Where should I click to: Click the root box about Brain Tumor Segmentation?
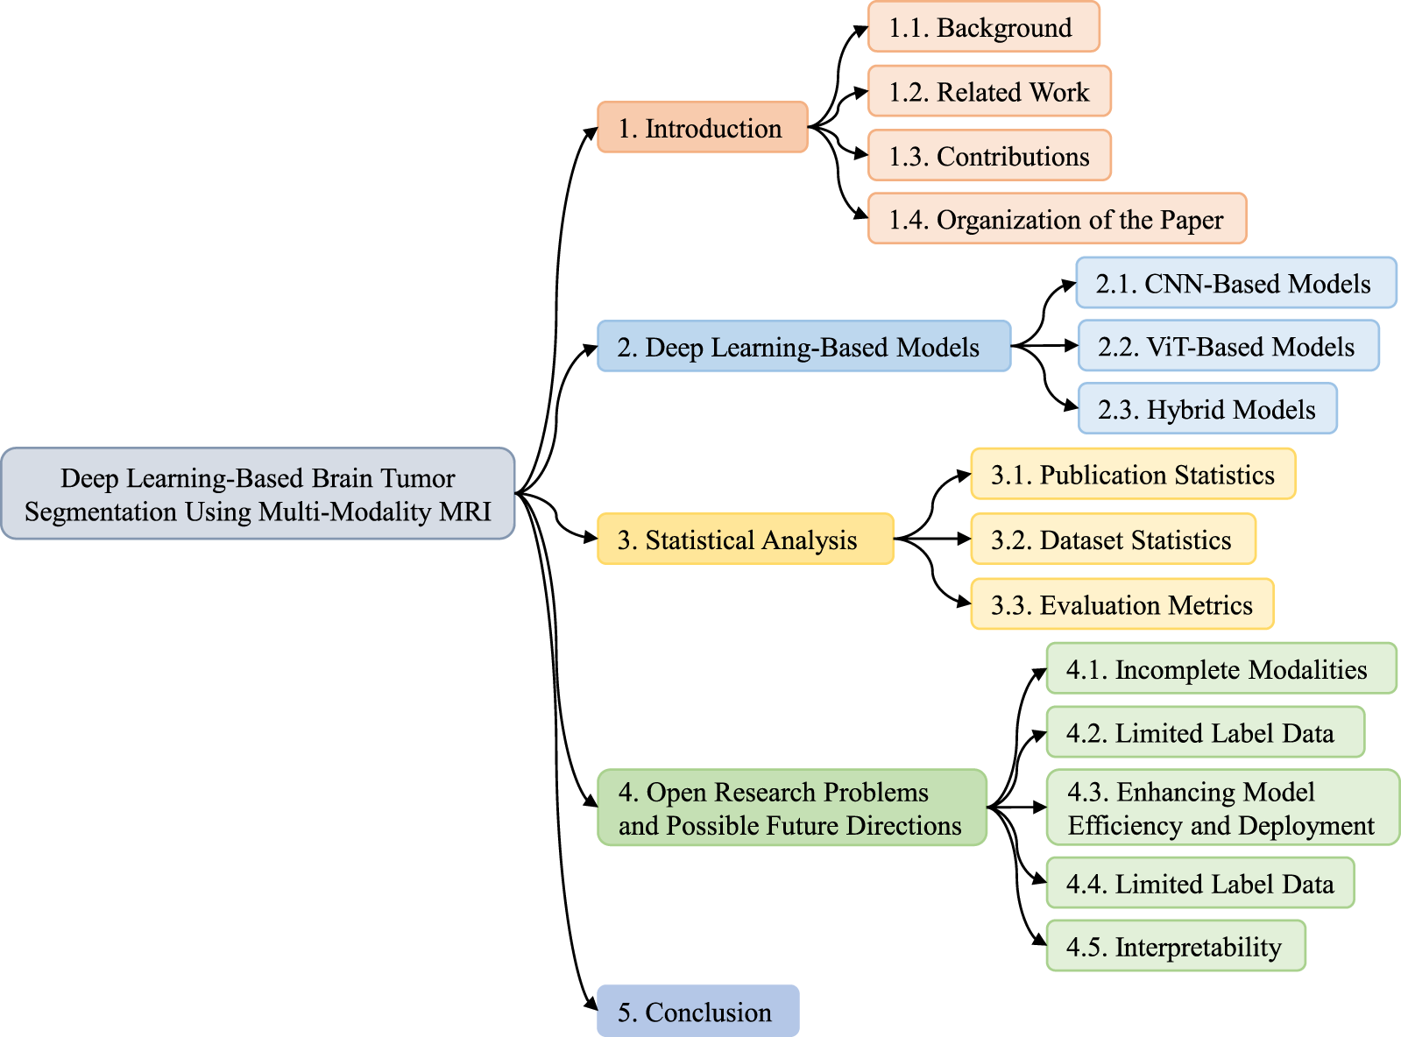258,493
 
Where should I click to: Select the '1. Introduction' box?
702,128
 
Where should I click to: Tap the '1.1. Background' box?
983,27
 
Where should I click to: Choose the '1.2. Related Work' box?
989,91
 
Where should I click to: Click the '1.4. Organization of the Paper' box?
1057,219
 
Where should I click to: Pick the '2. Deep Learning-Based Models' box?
803,347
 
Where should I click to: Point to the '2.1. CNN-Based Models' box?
1235,283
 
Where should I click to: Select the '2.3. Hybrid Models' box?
1206,409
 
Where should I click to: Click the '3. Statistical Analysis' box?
745,540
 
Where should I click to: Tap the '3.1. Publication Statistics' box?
1132,475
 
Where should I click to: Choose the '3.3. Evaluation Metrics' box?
1122,604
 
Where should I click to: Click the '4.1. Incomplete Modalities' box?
1221,669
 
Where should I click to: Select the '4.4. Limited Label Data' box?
1199,884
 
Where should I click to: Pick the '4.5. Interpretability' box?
1175,947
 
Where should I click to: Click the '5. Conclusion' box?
697,1012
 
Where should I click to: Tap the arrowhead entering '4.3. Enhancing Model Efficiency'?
1040,807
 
